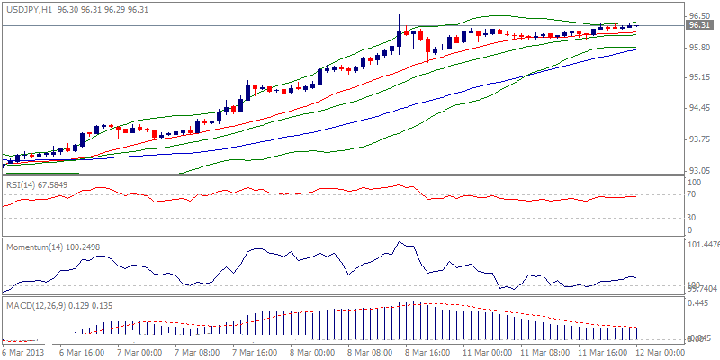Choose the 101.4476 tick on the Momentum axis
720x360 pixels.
pyautogui.click(x=700, y=244)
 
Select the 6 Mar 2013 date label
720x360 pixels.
pyautogui.click(x=22, y=352)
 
